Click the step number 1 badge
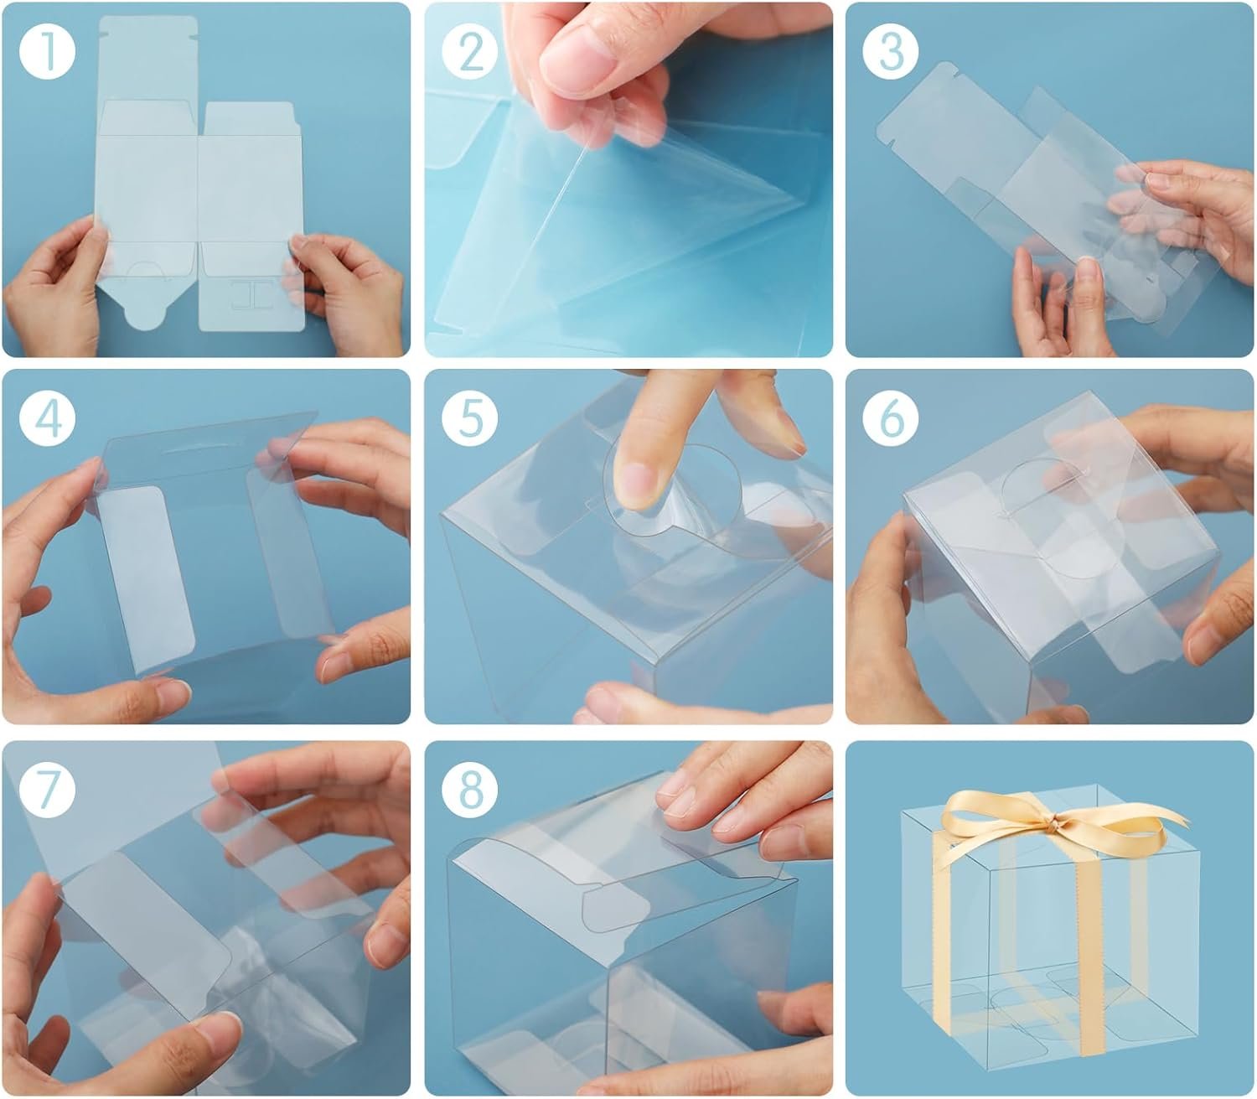(47, 51)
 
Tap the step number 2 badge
(470, 51)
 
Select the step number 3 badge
(891, 51)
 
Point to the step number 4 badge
(47, 418)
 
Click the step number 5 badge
(470, 418)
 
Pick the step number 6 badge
(891, 418)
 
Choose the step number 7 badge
(47, 789)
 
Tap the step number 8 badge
(470, 789)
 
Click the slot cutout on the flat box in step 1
(251, 295)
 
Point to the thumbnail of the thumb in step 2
(577, 60)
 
